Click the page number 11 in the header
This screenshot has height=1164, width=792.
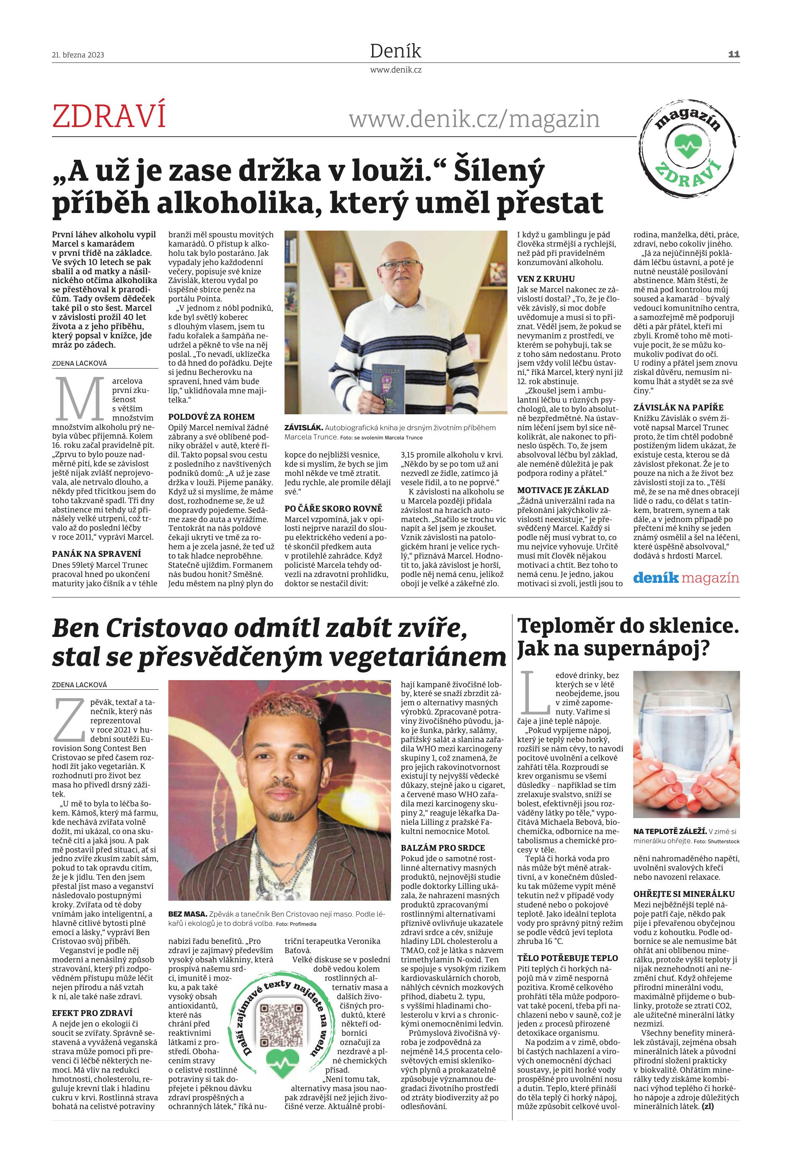(733, 54)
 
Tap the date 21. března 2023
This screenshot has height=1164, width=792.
(78, 55)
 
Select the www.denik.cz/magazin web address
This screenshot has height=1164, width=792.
(474, 119)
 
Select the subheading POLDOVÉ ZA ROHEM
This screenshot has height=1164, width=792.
(211, 416)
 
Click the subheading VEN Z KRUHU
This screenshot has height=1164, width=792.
(546, 278)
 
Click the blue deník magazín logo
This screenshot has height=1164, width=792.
(686, 579)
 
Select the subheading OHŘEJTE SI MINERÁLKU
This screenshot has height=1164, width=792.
(684, 894)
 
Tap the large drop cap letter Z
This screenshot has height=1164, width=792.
(69, 719)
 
